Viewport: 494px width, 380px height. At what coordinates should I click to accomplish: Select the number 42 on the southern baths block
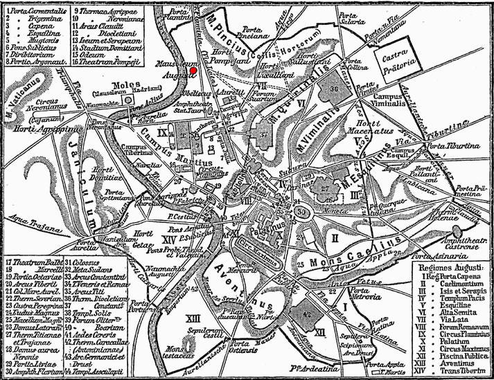point(308,312)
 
